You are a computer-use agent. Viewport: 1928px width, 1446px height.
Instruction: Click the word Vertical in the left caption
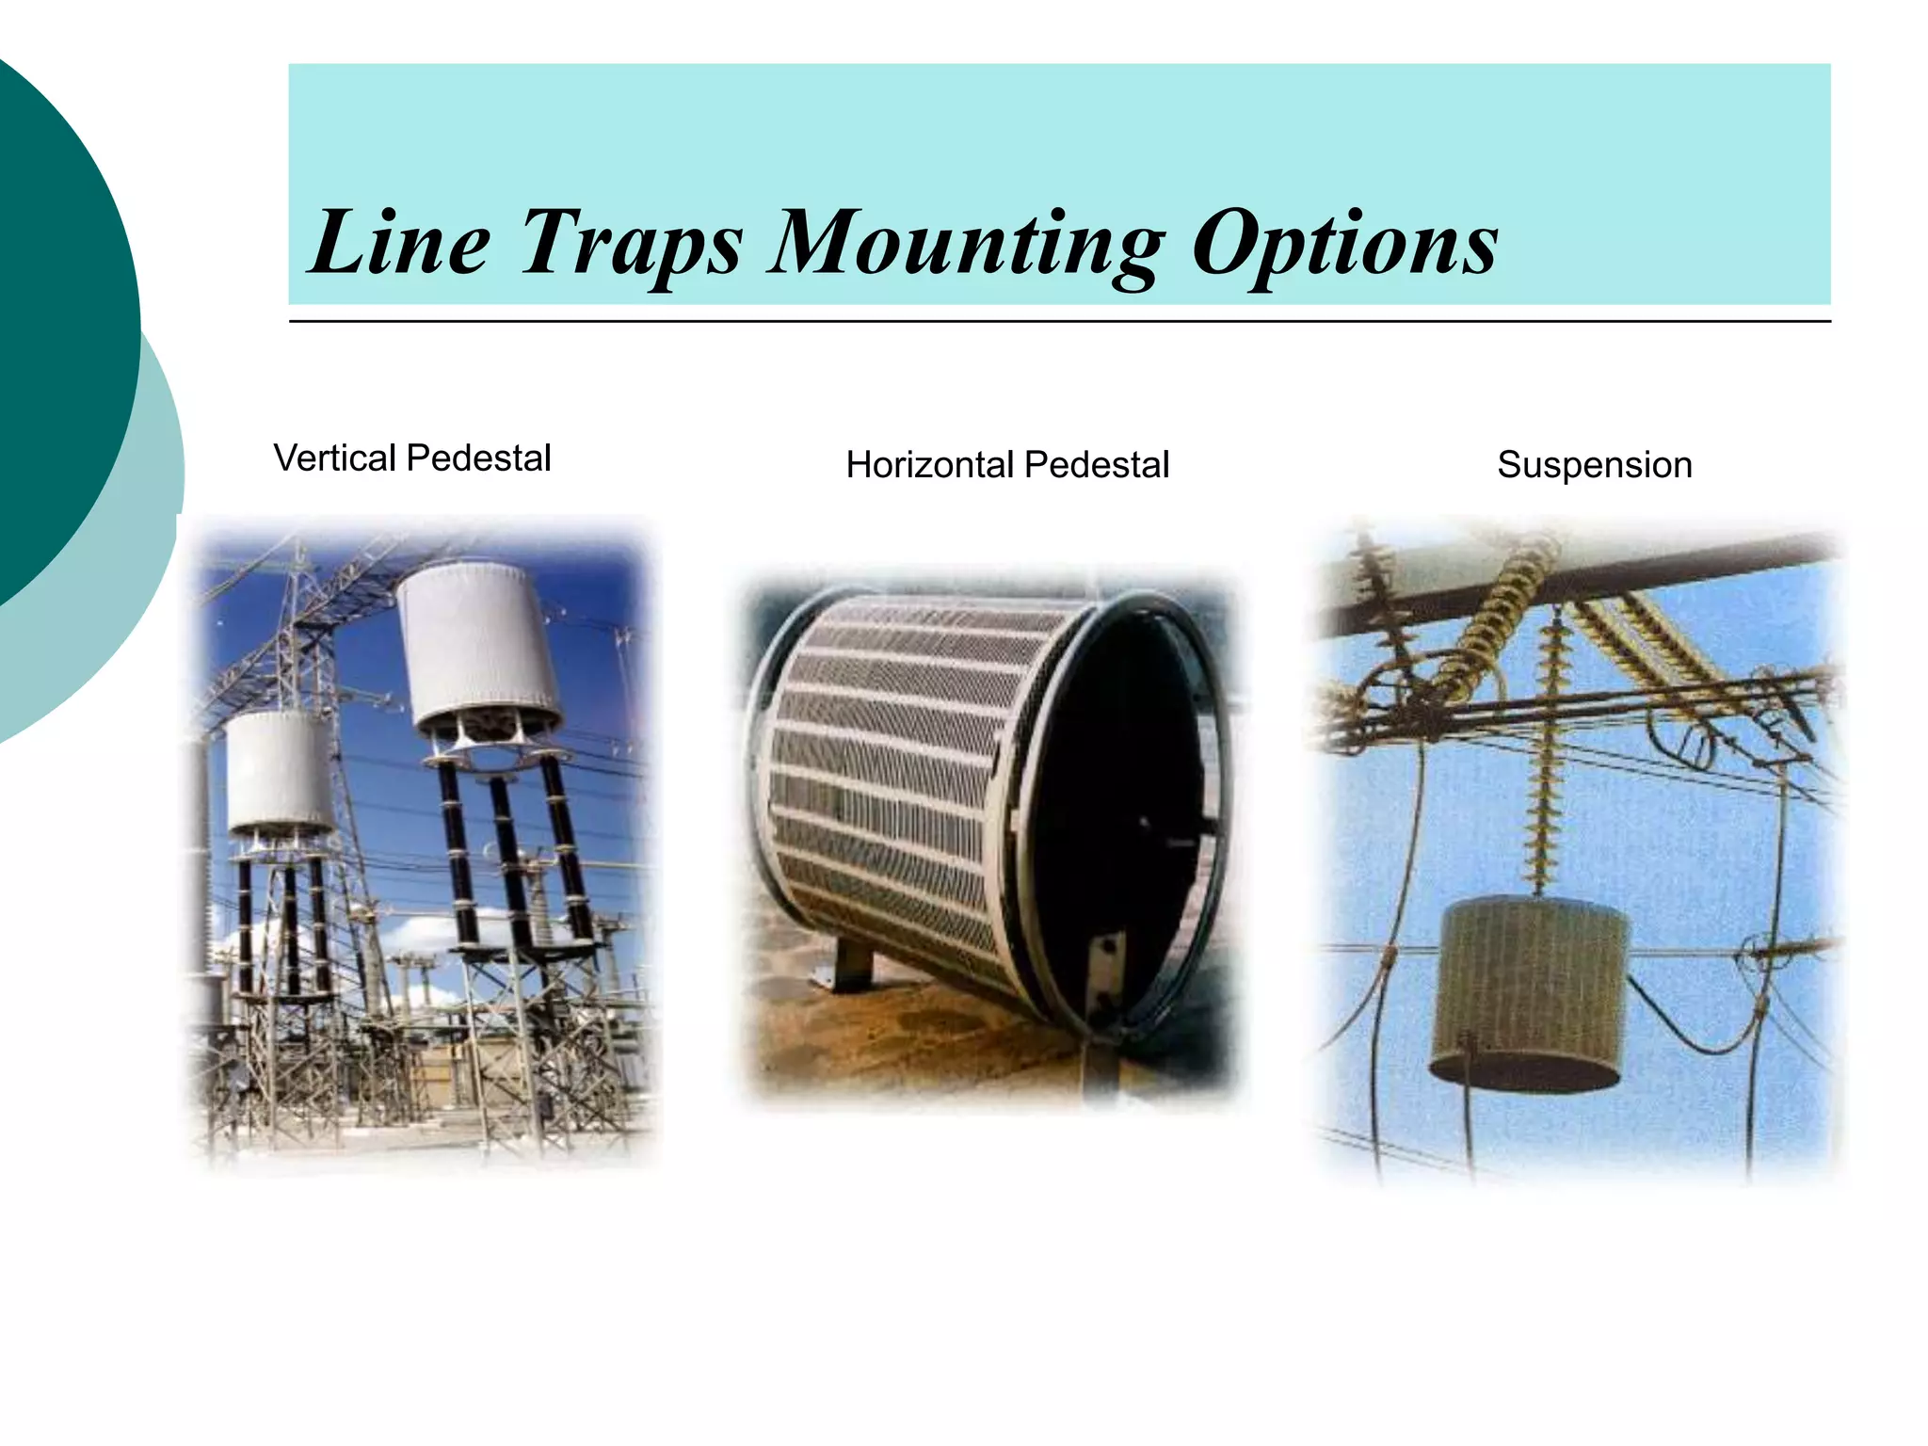coord(334,458)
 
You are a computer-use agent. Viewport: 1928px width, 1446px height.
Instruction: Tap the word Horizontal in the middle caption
coord(929,465)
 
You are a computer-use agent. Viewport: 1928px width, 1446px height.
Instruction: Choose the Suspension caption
coord(1595,465)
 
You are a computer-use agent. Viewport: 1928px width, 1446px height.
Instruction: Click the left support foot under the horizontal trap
coord(852,965)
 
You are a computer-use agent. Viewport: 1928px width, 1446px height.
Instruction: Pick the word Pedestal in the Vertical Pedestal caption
coord(478,458)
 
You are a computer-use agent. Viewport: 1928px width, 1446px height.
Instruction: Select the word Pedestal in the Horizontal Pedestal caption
coord(1097,465)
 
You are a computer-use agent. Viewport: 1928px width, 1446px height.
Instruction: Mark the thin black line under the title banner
coord(1059,322)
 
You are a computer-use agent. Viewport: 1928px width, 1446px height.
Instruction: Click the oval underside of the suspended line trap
coord(1525,1073)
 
